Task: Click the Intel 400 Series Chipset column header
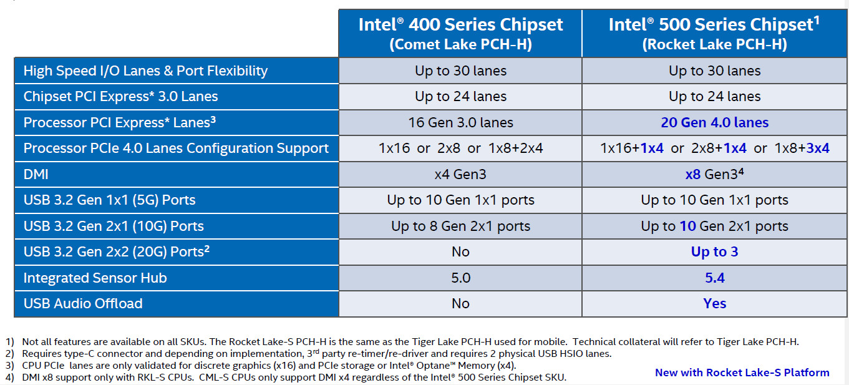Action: tap(460, 34)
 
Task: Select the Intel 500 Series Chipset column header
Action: tap(714, 34)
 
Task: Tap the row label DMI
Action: tap(36, 174)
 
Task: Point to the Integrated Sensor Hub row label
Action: tap(95, 278)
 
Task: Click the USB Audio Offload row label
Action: tap(83, 303)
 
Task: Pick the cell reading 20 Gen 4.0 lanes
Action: tap(714, 122)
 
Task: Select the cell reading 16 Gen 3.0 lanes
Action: tap(460, 122)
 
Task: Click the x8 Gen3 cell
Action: tap(714, 174)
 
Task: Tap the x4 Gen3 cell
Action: tap(460, 174)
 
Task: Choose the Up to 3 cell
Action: tap(714, 251)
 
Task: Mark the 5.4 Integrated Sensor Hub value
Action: tap(714, 278)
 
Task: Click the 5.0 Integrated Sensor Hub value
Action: tap(460, 278)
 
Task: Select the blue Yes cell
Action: tap(714, 303)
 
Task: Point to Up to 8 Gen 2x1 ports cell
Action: tap(460, 226)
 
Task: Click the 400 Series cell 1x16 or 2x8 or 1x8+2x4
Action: tap(460, 149)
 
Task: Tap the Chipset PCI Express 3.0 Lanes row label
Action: tap(120, 97)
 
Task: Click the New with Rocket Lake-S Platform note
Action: tap(742, 373)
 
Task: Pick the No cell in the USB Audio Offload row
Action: tap(460, 303)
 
